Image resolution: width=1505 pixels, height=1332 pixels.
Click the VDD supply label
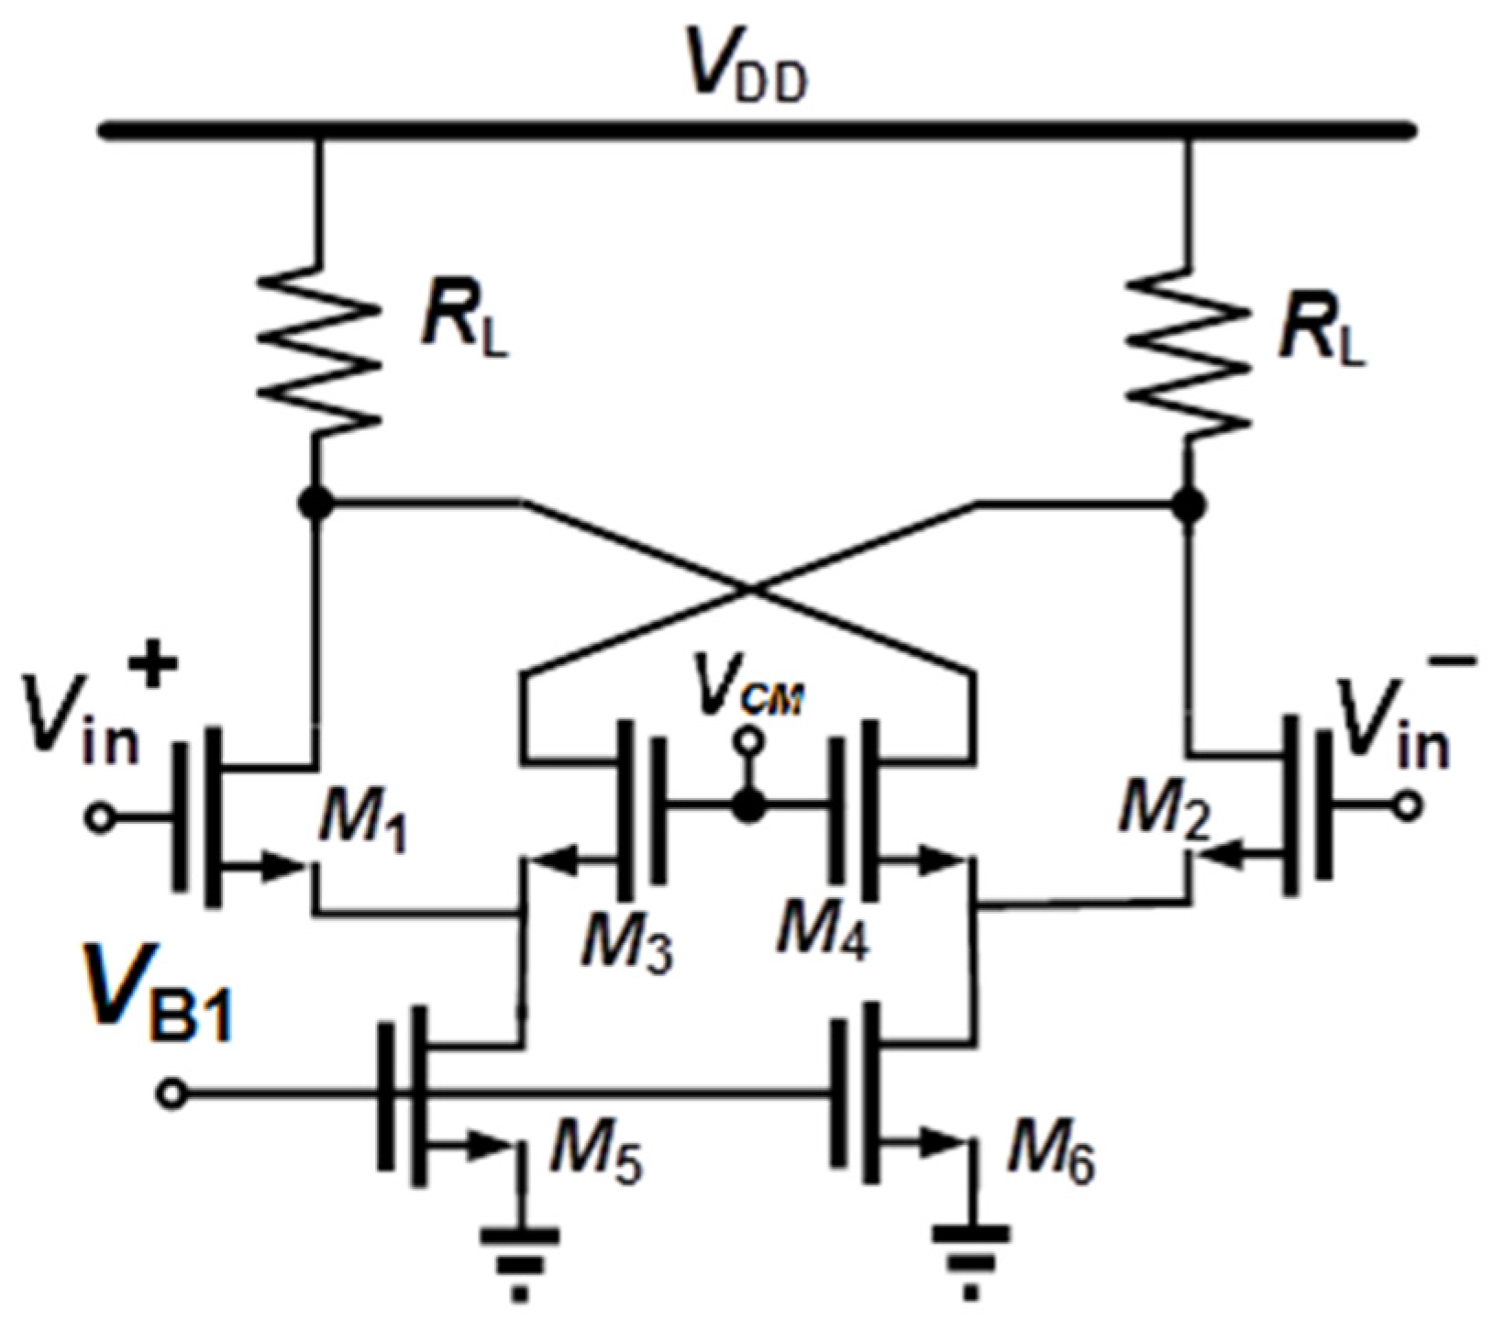(x=749, y=72)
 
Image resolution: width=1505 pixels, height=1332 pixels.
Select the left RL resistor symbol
(x=317, y=350)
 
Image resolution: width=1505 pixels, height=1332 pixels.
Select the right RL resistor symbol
(x=1190, y=350)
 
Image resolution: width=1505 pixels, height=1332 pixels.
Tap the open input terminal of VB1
(x=172, y=1093)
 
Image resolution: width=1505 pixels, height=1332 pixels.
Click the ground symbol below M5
(x=520, y=1257)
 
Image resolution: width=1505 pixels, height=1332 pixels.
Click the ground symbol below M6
(x=971, y=1257)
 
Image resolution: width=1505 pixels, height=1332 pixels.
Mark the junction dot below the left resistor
(x=316, y=503)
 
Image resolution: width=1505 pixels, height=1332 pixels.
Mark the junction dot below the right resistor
(x=1190, y=503)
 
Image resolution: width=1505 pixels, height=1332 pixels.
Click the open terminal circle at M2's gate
(x=1408, y=806)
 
